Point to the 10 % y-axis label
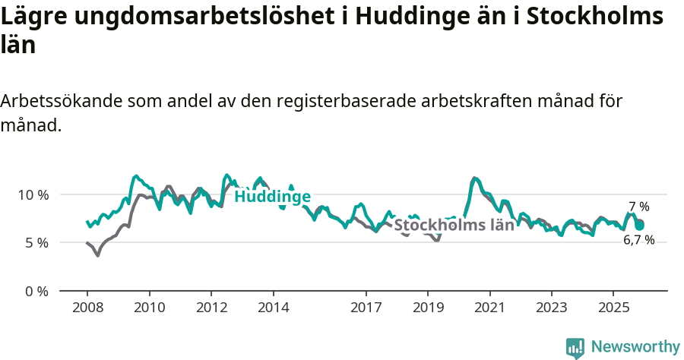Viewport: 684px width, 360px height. click(x=33, y=194)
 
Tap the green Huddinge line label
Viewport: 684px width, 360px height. click(x=272, y=197)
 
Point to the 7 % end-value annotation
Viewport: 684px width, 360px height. click(x=638, y=207)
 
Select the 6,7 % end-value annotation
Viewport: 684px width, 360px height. click(x=638, y=240)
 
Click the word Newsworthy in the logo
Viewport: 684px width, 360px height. click(x=635, y=347)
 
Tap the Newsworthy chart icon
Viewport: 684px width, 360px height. click(x=575, y=348)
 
